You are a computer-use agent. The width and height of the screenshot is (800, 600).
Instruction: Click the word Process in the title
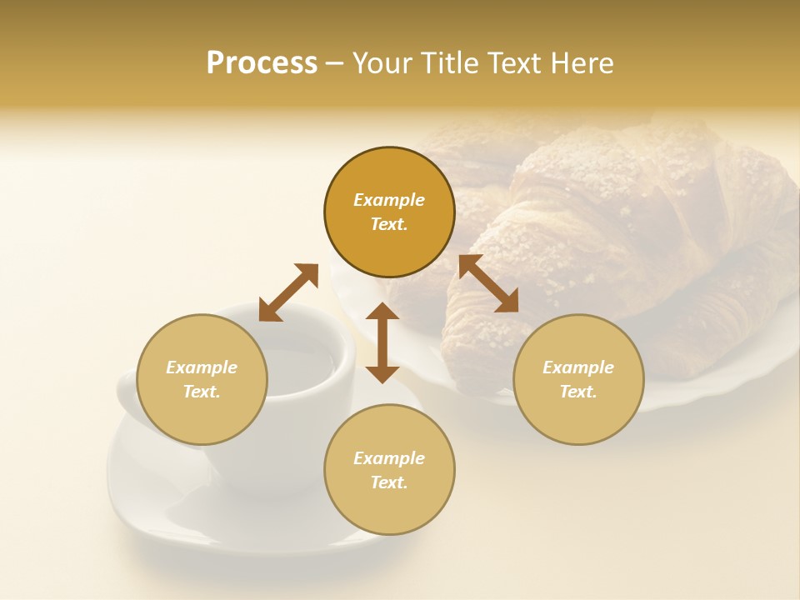(x=262, y=63)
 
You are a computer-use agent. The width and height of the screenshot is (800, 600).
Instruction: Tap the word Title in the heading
(x=451, y=63)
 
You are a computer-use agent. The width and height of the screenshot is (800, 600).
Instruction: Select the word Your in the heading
(x=383, y=63)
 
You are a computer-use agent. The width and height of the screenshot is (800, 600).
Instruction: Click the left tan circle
(x=202, y=408)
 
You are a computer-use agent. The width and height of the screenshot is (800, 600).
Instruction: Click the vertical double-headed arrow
(x=382, y=342)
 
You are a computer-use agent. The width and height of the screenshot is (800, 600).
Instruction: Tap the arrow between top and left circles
(x=288, y=292)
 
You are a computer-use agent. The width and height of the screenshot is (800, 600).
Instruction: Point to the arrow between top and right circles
(x=488, y=283)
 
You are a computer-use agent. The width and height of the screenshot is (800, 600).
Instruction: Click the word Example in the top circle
(x=389, y=200)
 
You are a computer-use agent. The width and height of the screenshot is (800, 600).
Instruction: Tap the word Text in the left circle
(x=202, y=392)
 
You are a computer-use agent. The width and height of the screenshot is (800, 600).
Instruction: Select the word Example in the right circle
(x=578, y=367)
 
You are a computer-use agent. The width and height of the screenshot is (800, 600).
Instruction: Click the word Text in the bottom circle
(x=389, y=482)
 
